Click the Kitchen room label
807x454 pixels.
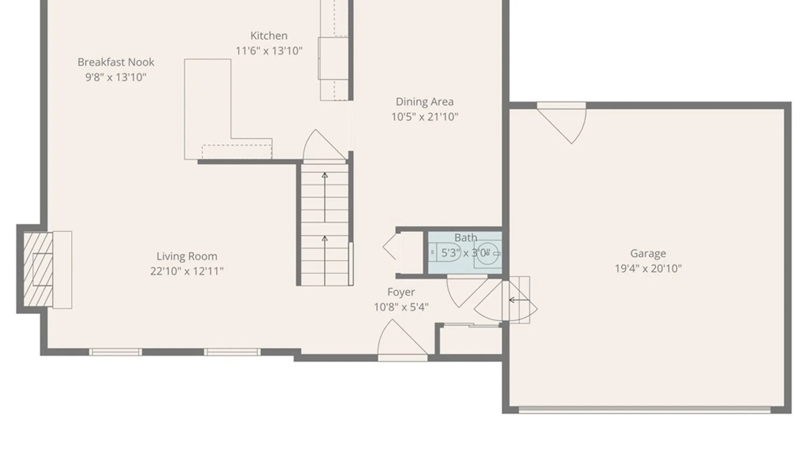click(x=269, y=36)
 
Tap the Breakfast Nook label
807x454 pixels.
click(x=116, y=62)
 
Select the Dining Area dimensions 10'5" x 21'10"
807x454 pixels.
click(x=425, y=117)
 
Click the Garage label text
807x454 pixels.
click(x=648, y=253)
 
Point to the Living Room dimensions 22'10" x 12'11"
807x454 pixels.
click(x=187, y=271)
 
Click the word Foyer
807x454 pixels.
click(x=401, y=292)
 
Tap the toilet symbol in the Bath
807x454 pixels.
click(x=445, y=253)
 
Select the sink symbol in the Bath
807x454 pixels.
click(x=488, y=253)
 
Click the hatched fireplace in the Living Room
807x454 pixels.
click(x=38, y=269)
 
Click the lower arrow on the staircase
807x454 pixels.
click(x=324, y=261)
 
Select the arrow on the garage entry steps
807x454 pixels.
click(x=518, y=300)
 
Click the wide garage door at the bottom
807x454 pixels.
click(x=644, y=410)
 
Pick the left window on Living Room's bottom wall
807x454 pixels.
click(x=115, y=352)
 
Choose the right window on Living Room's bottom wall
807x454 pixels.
click(x=232, y=352)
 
